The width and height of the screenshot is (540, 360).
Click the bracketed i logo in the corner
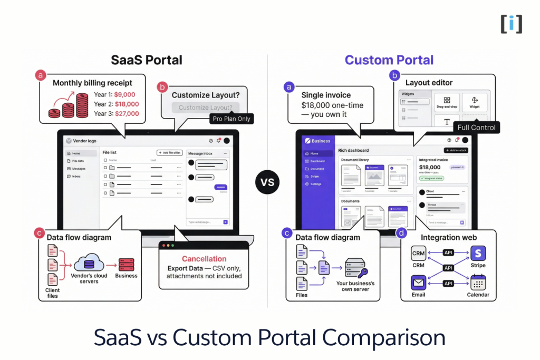point(511,24)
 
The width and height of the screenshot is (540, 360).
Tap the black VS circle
point(268,182)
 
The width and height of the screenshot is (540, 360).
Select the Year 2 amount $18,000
point(127,104)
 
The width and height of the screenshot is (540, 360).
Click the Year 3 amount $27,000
point(127,114)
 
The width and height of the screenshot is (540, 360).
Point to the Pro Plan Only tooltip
point(232,119)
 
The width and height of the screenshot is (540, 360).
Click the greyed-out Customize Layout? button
point(205,108)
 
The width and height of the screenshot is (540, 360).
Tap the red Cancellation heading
point(204,259)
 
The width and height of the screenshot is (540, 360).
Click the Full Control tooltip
point(476,128)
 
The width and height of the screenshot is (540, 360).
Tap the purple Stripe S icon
point(478,254)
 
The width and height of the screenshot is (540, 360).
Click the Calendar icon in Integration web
point(478,283)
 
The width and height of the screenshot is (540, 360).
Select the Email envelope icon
point(419,283)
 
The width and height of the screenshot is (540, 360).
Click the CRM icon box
point(419,254)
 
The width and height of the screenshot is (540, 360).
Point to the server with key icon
point(358,269)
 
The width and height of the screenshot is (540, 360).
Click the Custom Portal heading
point(389,60)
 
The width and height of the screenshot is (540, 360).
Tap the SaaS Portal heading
point(146,60)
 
